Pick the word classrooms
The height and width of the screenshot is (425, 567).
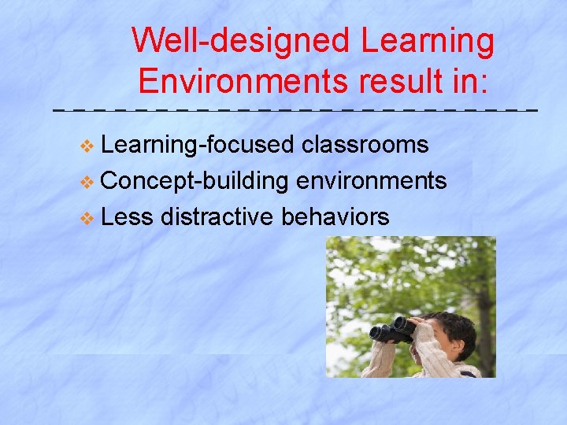(x=365, y=146)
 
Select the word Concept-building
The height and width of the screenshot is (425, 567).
(x=195, y=181)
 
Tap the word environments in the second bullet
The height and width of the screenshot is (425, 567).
(x=372, y=181)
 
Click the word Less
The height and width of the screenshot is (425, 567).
(x=127, y=216)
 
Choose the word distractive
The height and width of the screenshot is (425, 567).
(x=218, y=216)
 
